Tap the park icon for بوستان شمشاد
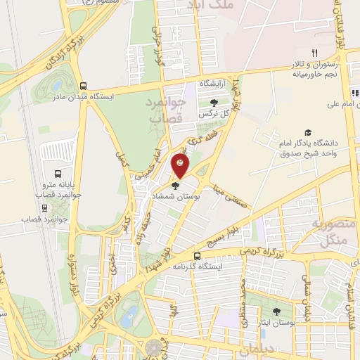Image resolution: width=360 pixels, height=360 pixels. pos(175,186)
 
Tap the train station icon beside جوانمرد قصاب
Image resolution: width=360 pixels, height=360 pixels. pos(46,208)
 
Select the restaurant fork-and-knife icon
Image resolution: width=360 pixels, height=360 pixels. pos(316,53)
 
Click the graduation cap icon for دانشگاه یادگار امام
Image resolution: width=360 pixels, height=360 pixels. pos(307,132)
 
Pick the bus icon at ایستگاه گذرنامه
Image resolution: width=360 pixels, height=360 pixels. pos(198,256)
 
